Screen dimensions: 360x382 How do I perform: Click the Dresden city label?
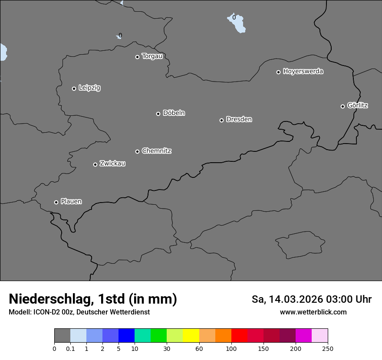239,119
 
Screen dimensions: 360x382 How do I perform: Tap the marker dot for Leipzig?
74,88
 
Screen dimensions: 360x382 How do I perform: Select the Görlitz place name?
358,105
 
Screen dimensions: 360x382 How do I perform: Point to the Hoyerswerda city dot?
279,72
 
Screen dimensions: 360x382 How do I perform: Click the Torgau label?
152,56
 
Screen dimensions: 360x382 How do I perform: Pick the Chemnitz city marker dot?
138,151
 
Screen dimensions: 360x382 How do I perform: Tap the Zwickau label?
112,164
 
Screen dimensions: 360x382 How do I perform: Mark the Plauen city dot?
56,202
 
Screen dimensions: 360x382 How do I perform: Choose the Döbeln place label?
174,113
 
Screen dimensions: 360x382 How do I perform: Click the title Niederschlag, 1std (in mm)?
93,299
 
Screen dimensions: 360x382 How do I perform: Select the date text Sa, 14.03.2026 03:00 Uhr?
312,300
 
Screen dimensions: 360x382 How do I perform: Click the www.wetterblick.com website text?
313,312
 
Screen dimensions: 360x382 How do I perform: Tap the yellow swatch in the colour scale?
191,336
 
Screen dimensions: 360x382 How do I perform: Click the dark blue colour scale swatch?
126,336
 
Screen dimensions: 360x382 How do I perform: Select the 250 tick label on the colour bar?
328,348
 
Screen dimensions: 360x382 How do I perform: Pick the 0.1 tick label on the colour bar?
70,348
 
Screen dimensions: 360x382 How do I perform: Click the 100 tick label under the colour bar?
231,348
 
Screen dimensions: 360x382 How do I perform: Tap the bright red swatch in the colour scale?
239,336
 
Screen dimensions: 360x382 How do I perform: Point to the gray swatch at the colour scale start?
62,336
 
